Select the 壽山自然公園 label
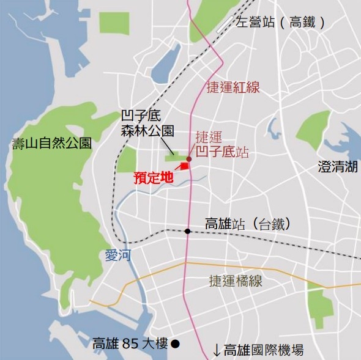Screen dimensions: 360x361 pyautogui.click(x=52, y=144)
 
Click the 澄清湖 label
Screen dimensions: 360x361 pyautogui.click(x=337, y=166)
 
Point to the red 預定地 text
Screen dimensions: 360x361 pyautogui.click(x=154, y=178)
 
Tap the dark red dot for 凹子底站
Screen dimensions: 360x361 pyautogui.click(x=189, y=159)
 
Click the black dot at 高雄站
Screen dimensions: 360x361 pyautogui.click(x=187, y=231)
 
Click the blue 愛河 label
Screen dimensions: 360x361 pyautogui.click(x=118, y=256)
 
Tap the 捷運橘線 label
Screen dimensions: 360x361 pyautogui.click(x=235, y=282)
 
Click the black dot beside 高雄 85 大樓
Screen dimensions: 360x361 pyautogui.click(x=175, y=343)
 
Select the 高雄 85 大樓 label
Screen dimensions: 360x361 pyautogui.click(x=129, y=344)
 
